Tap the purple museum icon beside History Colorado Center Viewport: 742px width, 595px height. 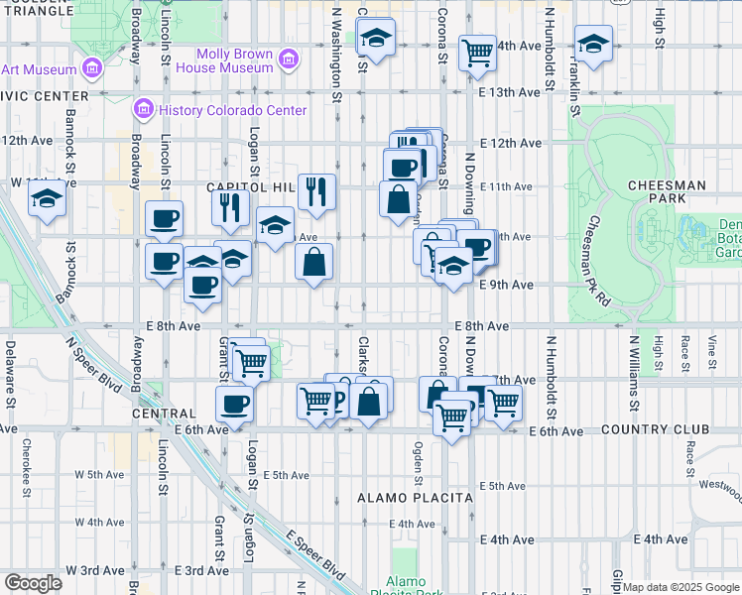tap(143, 107)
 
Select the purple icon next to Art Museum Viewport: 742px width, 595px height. tap(92, 68)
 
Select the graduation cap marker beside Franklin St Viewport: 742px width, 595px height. tap(593, 45)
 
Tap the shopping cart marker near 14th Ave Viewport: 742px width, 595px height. tap(478, 53)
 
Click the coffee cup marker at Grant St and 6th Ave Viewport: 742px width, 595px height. tap(235, 404)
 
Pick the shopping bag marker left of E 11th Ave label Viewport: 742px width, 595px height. tap(398, 196)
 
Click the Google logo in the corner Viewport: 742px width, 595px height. tap(33, 583)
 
